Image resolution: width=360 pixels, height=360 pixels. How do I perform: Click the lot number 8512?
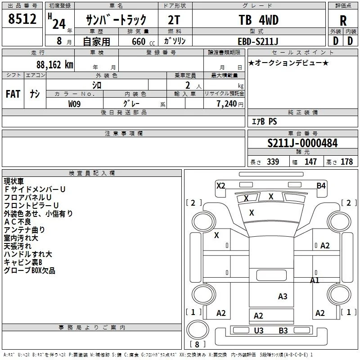click(x=22, y=19)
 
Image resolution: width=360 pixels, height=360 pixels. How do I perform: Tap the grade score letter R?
click(x=343, y=21)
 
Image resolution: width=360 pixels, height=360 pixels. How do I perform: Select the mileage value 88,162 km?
click(x=55, y=65)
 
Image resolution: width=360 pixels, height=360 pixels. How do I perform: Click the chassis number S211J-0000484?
click(x=302, y=143)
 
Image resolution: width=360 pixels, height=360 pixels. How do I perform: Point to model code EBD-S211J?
click(x=258, y=41)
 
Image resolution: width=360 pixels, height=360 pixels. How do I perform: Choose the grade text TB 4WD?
click(x=258, y=20)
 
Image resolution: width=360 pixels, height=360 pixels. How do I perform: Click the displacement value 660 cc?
click(x=143, y=41)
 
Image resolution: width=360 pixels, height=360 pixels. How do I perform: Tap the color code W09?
click(x=74, y=104)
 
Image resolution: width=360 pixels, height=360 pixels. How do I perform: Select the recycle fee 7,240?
click(x=226, y=104)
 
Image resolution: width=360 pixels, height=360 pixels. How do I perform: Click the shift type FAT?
click(x=13, y=94)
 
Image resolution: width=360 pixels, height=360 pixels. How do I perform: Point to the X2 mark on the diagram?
click(x=220, y=185)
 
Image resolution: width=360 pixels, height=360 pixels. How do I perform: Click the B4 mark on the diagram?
click(x=321, y=185)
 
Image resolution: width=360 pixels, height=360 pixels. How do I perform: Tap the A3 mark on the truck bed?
click(x=283, y=297)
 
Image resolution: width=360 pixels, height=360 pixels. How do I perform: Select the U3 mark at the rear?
click(x=259, y=330)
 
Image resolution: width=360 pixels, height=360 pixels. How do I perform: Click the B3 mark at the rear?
click(x=283, y=330)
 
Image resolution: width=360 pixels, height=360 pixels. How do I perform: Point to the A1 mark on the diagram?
click(x=315, y=280)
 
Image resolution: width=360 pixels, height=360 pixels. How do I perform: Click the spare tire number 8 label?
click(x=197, y=344)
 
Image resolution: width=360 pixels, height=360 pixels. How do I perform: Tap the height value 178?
click(x=346, y=162)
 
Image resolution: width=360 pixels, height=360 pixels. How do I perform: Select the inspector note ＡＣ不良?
click(x=18, y=221)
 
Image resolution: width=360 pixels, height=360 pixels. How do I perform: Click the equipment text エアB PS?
click(x=265, y=121)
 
